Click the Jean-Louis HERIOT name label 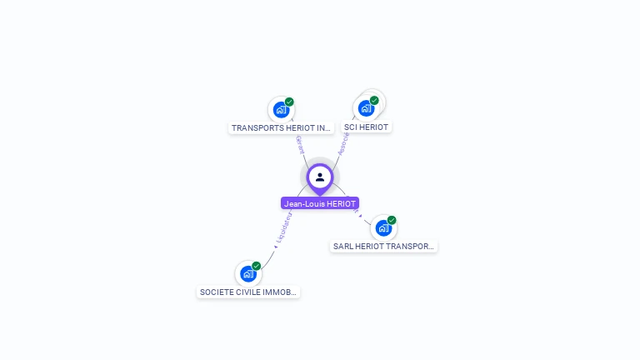pyautogui.click(x=320, y=203)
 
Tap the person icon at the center pyautogui.click(x=320, y=177)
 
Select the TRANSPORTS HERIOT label pyautogui.click(x=282, y=128)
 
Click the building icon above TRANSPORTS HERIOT pyautogui.click(x=281, y=109)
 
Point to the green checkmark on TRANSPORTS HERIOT pyautogui.click(x=289, y=102)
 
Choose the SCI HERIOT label pyautogui.click(x=366, y=127)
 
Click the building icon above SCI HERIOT pyautogui.click(x=365, y=108)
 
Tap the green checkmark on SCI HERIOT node pyautogui.click(x=374, y=101)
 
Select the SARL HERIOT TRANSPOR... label pyautogui.click(x=383, y=247)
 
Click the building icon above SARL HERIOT pyautogui.click(x=382, y=228)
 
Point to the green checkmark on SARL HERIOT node pyautogui.click(x=392, y=221)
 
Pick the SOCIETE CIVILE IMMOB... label pyautogui.click(x=248, y=292)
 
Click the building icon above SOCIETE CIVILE pyautogui.click(x=247, y=273)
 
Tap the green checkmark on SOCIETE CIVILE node pyautogui.click(x=257, y=266)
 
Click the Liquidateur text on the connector pyautogui.click(x=282, y=227)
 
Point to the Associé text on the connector pyautogui.click(x=343, y=142)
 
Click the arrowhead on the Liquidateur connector pyautogui.click(x=275, y=246)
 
